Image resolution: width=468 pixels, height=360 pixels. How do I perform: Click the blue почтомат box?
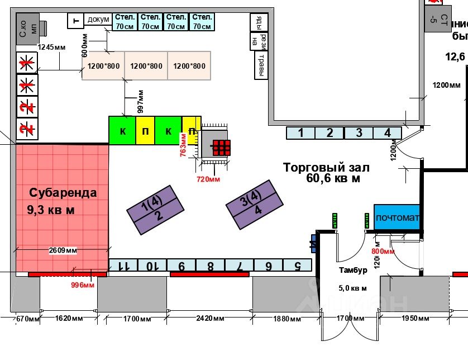click(396, 217)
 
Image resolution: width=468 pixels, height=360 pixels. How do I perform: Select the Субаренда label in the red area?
click(63, 193)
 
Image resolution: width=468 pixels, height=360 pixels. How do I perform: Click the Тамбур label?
click(353, 271)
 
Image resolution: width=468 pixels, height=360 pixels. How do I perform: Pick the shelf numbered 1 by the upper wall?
click(301, 133)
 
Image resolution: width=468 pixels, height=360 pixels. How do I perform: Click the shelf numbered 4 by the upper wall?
click(388, 133)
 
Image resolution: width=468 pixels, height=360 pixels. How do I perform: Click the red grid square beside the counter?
click(221, 148)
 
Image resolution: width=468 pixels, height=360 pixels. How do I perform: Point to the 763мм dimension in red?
click(183, 145)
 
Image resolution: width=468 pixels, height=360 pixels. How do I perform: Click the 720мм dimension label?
click(209, 179)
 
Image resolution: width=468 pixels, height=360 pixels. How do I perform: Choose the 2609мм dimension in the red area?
click(63, 250)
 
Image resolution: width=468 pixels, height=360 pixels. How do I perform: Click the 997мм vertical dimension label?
click(141, 101)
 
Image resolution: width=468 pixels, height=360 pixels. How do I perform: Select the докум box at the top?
click(98, 20)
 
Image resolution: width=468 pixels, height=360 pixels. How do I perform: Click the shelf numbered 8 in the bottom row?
click(211, 266)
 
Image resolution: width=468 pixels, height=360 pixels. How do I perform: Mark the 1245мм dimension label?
click(51, 47)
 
